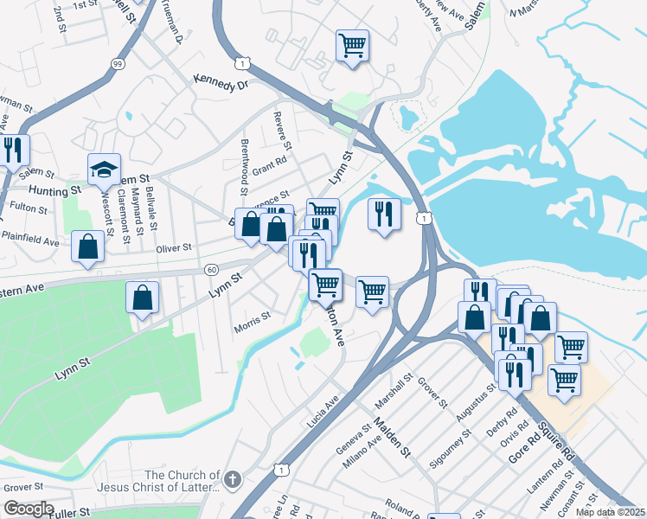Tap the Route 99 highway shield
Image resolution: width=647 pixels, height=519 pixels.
pos(118,63)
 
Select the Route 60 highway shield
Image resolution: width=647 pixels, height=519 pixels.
pos(211,270)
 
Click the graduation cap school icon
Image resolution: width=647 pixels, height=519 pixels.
pos(104,170)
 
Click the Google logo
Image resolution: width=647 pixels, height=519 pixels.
pos(28,509)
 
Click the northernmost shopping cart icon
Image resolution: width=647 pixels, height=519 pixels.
pos(352,44)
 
